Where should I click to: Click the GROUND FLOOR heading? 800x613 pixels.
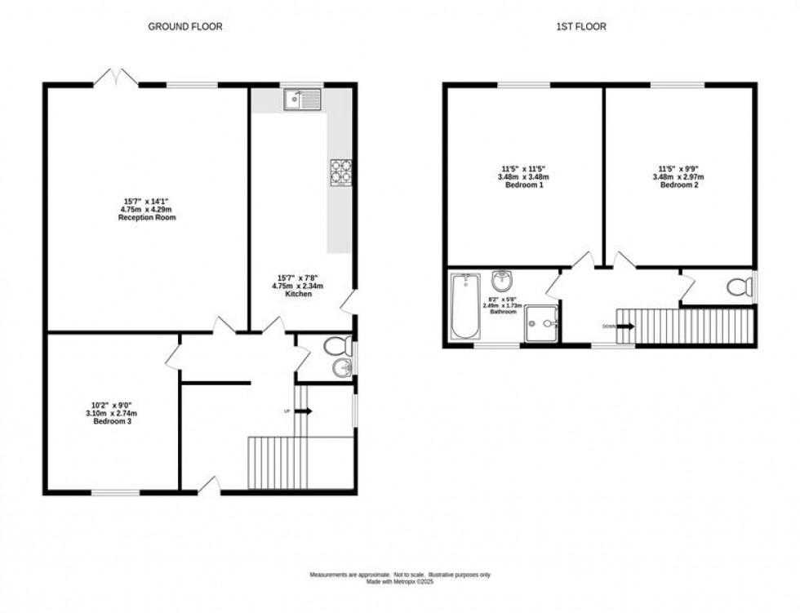[184, 26]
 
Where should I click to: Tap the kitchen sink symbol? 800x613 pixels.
[300, 100]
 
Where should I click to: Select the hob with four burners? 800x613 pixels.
[340, 172]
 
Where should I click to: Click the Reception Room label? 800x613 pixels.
[147, 218]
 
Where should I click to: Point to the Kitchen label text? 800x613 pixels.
[298, 294]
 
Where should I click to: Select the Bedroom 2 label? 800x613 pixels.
[678, 185]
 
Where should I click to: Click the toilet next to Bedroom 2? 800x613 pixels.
[740, 287]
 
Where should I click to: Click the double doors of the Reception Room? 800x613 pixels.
[115, 78]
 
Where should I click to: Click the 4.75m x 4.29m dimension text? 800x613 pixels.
[147, 210]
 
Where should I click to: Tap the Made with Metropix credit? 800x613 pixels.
[399, 582]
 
